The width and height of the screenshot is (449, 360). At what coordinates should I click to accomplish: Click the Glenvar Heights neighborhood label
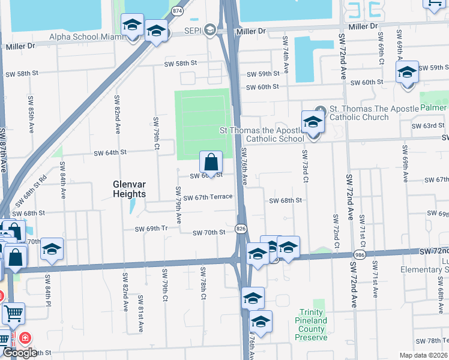[129, 189]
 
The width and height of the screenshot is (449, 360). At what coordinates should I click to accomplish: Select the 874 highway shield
[176, 11]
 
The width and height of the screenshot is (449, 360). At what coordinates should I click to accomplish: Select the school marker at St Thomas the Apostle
[313, 122]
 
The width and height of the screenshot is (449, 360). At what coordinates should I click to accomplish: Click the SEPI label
[192, 30]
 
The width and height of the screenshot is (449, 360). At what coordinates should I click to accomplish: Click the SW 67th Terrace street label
[208, 197]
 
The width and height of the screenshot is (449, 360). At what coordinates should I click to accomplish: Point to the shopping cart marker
[13, 313]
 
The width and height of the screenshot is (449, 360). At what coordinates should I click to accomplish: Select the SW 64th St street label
[110, 152]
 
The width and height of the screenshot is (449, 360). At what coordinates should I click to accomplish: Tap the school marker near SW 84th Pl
[52, 249]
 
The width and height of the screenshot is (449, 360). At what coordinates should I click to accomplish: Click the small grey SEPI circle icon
[209, 29]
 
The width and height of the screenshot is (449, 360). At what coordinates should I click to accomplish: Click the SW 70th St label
[209, 232]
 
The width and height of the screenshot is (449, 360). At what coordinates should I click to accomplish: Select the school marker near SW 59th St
[408, 73]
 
